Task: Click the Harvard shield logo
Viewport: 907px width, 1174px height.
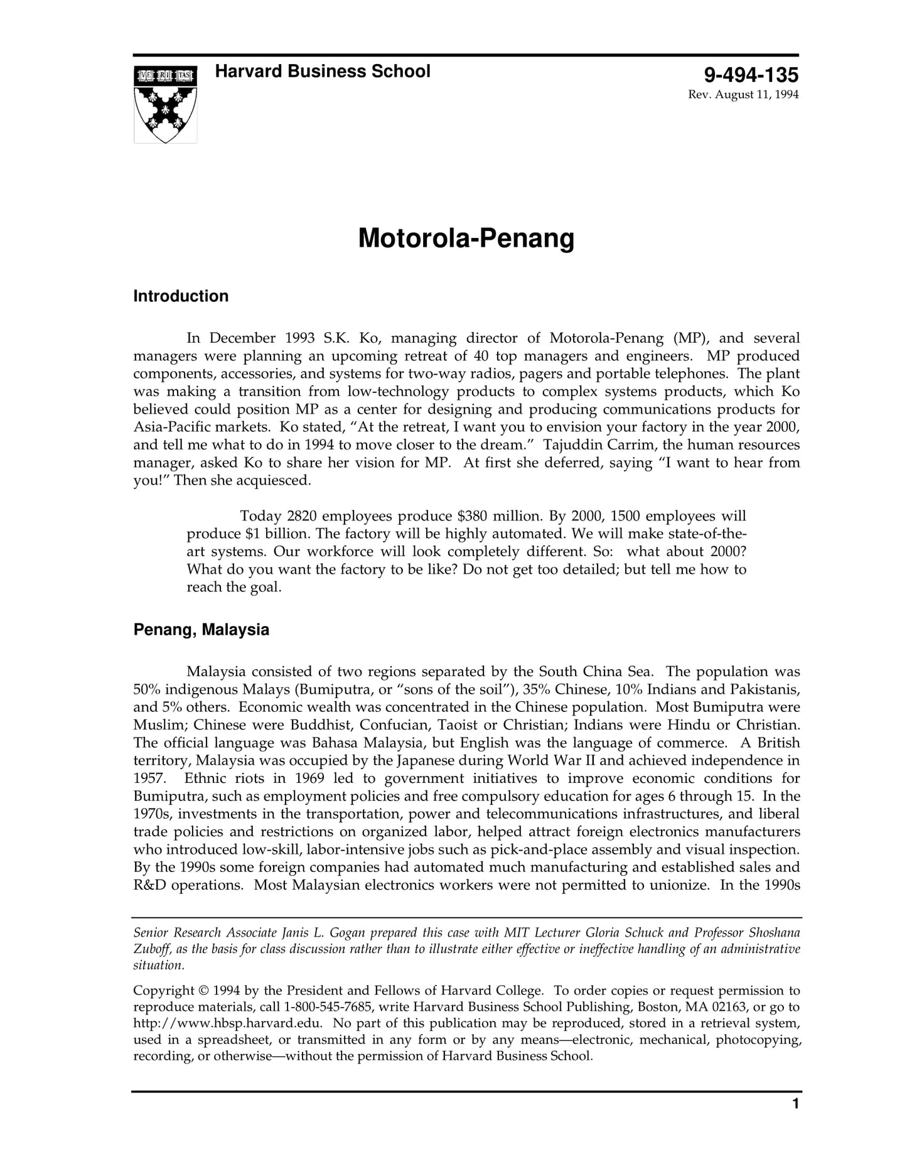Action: [165, 104]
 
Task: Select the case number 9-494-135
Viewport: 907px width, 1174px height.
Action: [751, 75]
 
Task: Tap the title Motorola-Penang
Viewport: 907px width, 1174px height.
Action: [466, 239]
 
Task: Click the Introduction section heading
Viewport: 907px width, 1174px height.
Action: [181, 296]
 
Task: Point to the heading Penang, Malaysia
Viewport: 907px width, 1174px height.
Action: [201, 630]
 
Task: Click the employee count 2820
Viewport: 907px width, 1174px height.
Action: [302, 516]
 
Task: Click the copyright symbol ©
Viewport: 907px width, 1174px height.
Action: [203, 991]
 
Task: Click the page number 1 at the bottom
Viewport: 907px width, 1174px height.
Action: [795, 1121]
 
